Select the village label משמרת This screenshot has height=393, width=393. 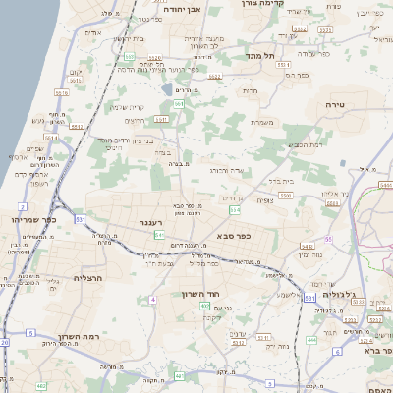pyautogui.click(x=260, y=123)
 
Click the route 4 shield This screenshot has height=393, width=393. pyautogui.click(x=153, y=298)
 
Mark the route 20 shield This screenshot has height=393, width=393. pyautogui.click(x=4, y=342)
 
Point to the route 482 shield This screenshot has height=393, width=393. pyautogui.click(x=41, y=386)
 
